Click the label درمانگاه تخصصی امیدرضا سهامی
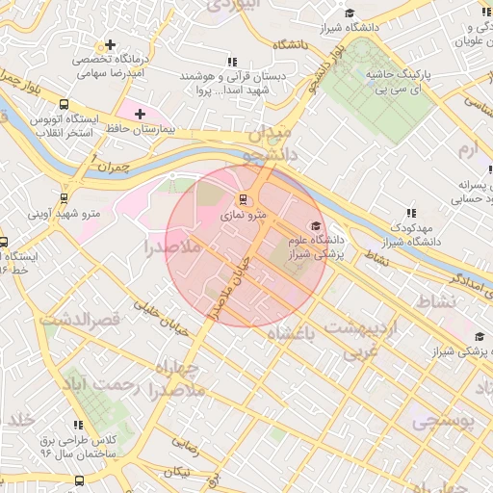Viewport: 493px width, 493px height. coord(110,65)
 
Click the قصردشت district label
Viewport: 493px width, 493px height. coord(85,319)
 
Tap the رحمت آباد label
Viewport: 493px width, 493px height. coord(108,387)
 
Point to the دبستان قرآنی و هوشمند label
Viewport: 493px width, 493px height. coord(221,83)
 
